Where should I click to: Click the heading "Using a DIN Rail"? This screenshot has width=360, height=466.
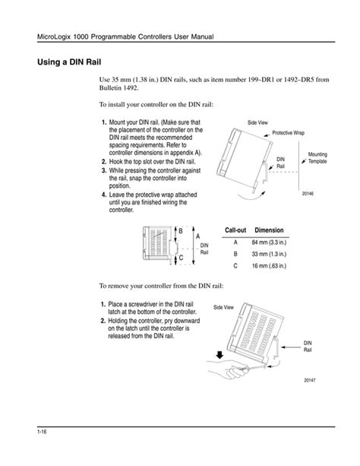(69, 62)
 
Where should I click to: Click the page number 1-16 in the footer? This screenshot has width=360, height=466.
(42, 432)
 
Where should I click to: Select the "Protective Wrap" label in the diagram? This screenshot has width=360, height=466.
(288, 133)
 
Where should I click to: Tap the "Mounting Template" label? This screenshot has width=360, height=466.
(317, 158)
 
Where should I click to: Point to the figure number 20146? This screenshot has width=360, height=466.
(308, 194)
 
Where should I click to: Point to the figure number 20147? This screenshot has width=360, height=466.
(310, 380)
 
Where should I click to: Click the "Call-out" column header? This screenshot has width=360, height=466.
(235, 230)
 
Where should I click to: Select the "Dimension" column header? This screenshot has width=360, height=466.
(269, 230)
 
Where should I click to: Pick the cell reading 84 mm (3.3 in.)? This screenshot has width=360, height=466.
(269, 243)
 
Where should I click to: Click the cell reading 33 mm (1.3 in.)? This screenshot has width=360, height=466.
(269, 254)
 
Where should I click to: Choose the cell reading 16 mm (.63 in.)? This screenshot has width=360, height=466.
(269, 266)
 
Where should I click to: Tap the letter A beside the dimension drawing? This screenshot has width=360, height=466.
(198, 236)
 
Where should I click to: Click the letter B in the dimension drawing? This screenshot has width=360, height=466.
(181, 230)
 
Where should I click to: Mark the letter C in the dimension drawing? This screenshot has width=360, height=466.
(182, 258)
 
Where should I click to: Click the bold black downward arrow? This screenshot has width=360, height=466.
(219, 355)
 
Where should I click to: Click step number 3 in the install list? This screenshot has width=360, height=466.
(104, 170)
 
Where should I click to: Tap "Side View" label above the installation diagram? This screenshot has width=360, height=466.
(257, 122)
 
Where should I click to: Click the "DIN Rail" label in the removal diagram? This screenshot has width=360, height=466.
(308, 346)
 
